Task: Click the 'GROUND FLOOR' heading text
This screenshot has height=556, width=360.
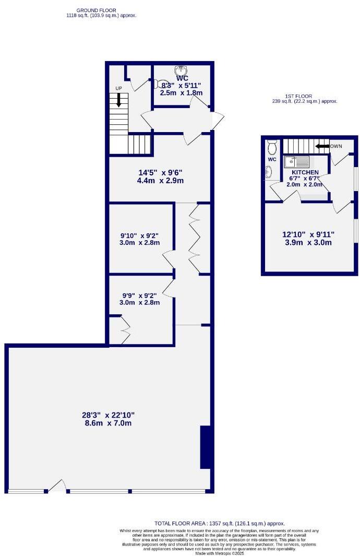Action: point(97,10)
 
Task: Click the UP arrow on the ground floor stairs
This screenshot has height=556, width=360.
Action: point(119,100)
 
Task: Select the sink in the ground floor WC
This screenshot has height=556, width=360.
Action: point(181,70)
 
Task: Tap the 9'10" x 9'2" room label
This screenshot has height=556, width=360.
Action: point(139,239)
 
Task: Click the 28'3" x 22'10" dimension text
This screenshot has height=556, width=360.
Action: point(108,419)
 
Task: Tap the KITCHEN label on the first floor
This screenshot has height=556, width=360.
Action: point(305,172)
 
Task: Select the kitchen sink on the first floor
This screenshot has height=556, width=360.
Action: point(296,162)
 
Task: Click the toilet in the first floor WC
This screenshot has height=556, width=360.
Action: point(272,145)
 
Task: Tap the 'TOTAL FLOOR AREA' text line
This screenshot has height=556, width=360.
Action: point(220,523)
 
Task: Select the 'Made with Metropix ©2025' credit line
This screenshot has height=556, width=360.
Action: point(220,553)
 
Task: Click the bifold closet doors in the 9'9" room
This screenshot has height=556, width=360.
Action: point(125,329)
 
